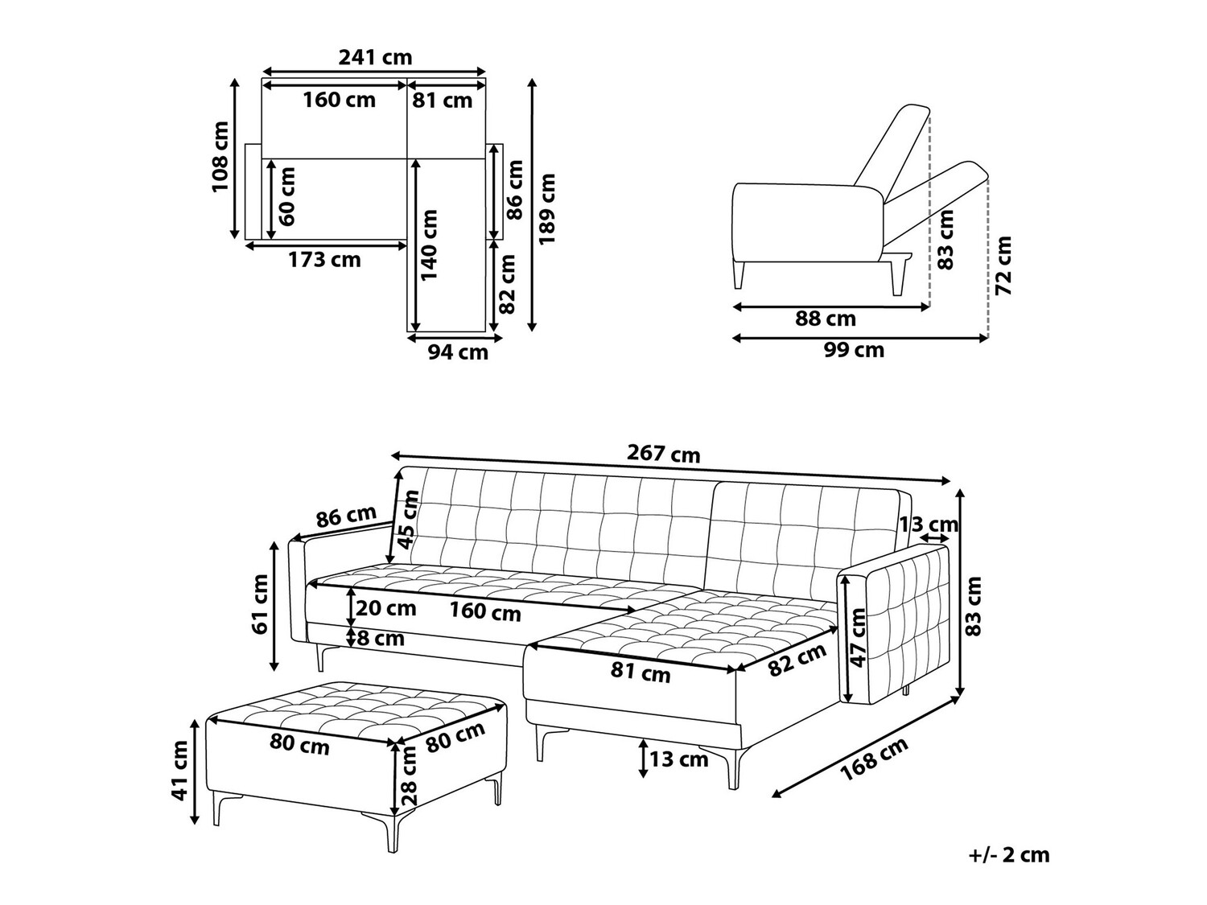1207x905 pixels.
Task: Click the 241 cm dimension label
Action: point(374,57)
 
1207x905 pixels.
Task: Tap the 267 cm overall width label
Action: point(664,454)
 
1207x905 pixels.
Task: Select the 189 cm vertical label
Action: point(547,209)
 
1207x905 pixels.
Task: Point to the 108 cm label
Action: point(220,157)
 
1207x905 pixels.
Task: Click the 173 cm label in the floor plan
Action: point(325,259)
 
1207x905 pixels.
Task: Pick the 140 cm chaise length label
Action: point(429,245)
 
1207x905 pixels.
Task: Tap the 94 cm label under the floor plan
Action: point(458,352)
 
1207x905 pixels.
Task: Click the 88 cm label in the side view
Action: point(826,318)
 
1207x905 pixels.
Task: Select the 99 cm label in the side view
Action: point(854,349)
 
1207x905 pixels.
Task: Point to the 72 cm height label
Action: point(1003,265)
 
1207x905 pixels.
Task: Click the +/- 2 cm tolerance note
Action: point(1009,856)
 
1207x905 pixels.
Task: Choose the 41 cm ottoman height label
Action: point(179,770)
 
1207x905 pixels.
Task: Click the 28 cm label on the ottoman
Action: point(410,775)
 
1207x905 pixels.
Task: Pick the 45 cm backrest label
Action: point(409,520)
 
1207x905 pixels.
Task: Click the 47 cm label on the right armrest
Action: point(857,637)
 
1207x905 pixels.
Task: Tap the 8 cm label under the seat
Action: point(381,638)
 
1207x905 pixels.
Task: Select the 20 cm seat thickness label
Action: point(386,608)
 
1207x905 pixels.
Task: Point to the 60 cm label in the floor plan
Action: point(286,196)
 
